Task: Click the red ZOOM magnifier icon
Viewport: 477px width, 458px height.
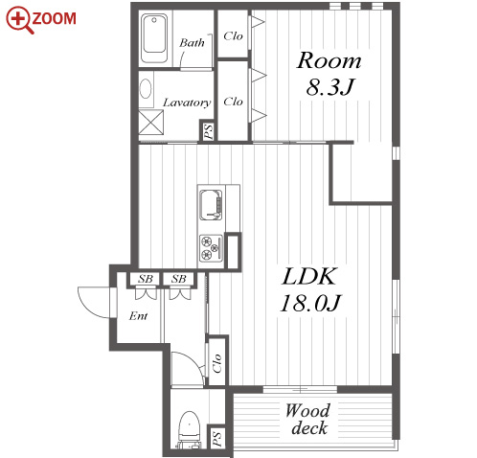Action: point(19,20)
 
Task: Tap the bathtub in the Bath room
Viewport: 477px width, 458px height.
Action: point(154,37)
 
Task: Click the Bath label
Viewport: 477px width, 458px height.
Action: point(192,42)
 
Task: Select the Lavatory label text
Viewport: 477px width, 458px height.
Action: point(187,103)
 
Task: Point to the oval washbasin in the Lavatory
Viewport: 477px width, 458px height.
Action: point(146,89)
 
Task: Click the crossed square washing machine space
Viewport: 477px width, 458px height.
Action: point(151,123)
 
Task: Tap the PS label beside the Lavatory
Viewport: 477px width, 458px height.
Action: point(208,131)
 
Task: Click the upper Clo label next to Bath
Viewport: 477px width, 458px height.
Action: point(233,36)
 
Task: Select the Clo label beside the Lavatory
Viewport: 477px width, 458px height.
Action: point(233,102)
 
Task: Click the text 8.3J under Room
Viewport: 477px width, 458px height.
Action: point(330,87)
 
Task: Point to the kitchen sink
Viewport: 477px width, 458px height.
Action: point(211,205)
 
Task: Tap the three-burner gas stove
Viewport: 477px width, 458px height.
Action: point(211,248)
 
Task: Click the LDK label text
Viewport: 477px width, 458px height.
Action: point(309,277)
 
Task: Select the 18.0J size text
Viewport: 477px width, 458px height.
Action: point(310,303)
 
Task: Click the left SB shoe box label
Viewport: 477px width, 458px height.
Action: point(146,279)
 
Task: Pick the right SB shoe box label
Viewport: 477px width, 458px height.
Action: point(178,279)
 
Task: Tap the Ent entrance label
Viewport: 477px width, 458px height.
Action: point(138,316)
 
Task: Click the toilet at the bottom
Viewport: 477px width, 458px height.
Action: point(189,429)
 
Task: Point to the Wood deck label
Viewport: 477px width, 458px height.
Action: point(308,419)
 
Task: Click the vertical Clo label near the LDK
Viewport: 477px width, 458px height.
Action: point(216,363)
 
